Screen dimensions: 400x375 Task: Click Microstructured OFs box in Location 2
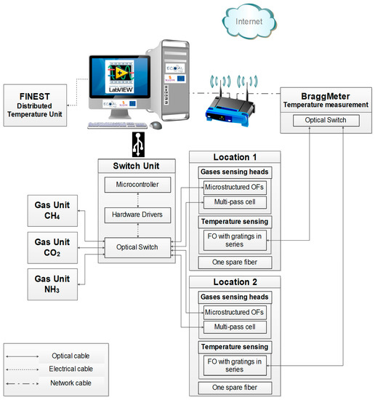pos(233,312)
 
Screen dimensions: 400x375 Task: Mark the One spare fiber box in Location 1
pos(233,263)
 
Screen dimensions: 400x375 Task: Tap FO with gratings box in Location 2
pos(233,364)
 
